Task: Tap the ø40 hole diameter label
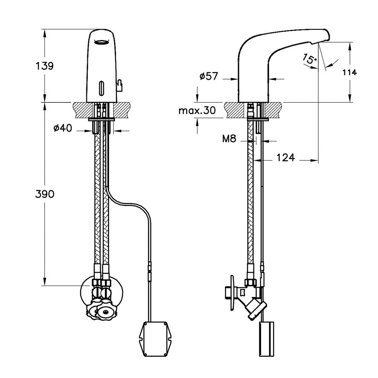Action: coord(63,129)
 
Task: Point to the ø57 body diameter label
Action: coord(208,76)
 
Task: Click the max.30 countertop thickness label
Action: coord(197,111)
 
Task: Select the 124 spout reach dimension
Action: coord(285,157)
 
